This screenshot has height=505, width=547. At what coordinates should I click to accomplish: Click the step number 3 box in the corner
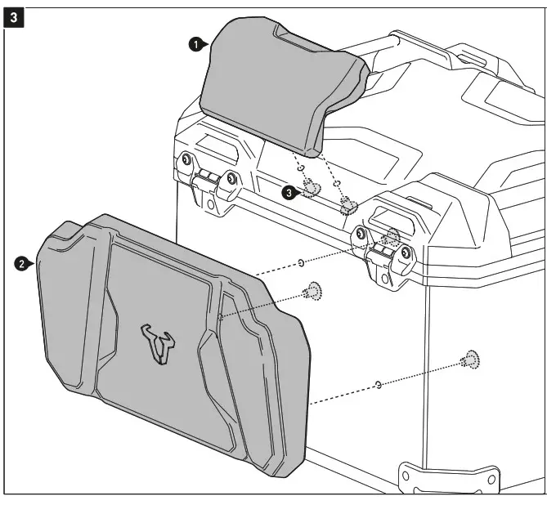14,15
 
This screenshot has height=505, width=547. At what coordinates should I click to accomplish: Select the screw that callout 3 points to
311,190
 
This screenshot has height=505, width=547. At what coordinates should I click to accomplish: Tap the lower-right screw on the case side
471,358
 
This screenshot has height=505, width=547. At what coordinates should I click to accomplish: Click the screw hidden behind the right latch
392,237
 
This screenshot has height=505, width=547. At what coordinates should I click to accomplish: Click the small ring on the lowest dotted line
377,382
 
